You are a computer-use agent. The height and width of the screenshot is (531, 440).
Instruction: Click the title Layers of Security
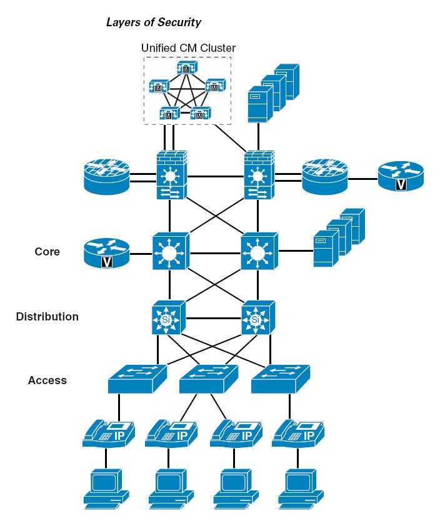(154, 22)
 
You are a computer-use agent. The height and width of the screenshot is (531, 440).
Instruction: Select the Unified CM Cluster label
(188, 47)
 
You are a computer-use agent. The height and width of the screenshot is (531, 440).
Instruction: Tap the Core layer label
(47, 252)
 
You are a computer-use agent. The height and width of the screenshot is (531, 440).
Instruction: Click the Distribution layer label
(47, 317)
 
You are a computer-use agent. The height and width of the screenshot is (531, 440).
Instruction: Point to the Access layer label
(47, 380)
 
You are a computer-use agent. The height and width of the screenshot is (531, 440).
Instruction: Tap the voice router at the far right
(400, 177)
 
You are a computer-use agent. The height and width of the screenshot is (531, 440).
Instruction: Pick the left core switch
(170, 252)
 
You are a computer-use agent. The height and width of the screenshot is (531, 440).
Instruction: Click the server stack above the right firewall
(272, 91)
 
